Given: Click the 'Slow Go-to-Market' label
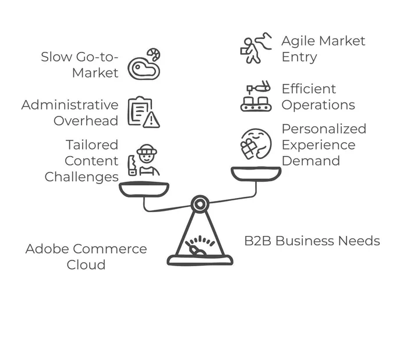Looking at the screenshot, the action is click(80, 65).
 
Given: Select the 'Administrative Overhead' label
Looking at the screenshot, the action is click(70, 112).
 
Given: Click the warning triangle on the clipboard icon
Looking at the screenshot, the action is click(151, 120).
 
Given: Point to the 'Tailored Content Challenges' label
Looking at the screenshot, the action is click(82, 161).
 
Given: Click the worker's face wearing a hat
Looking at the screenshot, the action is click(147, 156).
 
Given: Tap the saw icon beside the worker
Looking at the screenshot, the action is click(132, 165).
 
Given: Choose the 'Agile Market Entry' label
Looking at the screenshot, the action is click(323, 49).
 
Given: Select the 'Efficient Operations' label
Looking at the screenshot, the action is click(318, 97).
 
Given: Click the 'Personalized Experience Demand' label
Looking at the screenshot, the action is click(324, 145).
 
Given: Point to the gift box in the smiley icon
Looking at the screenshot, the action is click(249, 149).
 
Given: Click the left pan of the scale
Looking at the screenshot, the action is click(144, 189).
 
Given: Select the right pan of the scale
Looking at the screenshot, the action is click(256, 174).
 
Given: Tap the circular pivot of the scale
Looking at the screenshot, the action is click(200, 204).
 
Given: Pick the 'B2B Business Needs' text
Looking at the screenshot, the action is click(312, 241).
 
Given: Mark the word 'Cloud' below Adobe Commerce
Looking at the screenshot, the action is click(86, 264).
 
